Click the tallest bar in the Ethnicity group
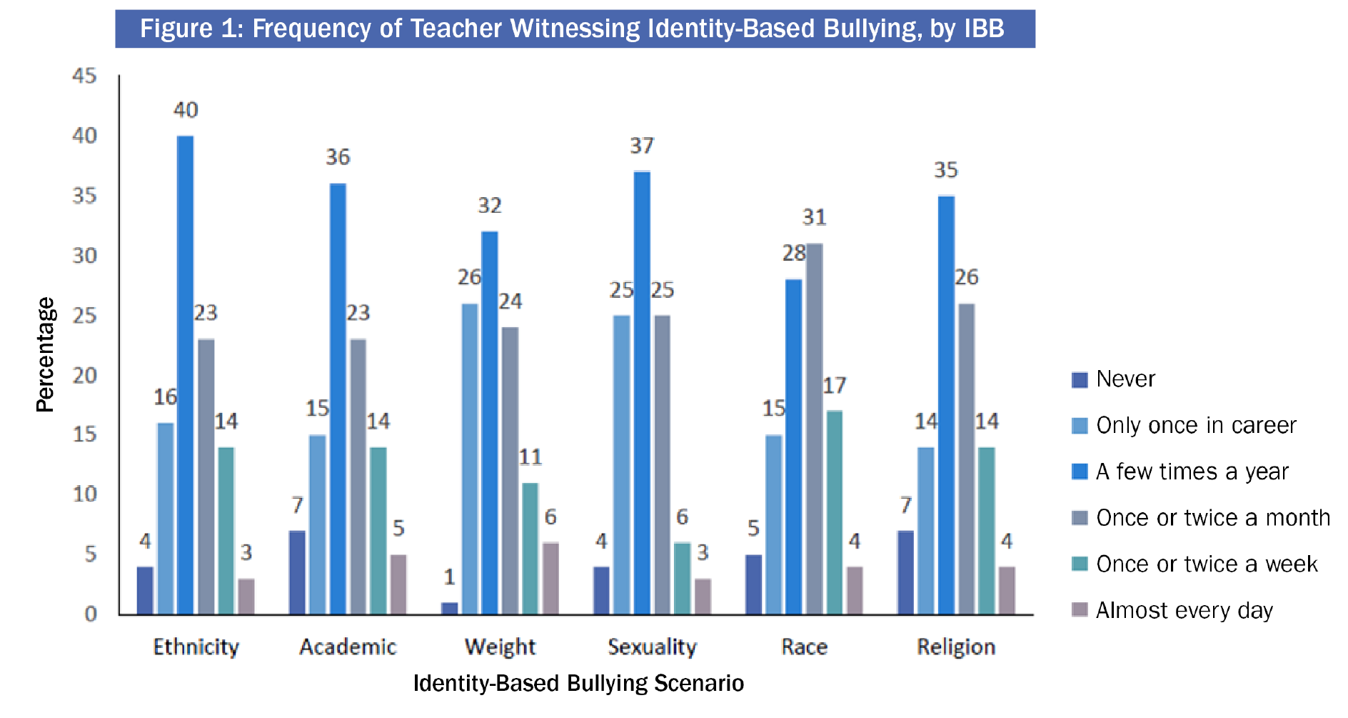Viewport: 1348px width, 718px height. [186, 375]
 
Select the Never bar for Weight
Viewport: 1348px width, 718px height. [450, 608]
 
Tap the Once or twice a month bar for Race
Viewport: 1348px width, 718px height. [814, 429]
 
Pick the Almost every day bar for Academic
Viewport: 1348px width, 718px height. [398, 584]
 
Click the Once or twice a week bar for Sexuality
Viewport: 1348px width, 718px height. [682, 578]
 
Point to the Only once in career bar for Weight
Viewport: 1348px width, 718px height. [470, 459]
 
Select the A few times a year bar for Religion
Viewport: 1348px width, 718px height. [946, 405]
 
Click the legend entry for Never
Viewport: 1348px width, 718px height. [1125, 379]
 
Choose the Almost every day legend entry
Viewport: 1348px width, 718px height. [1184, 610]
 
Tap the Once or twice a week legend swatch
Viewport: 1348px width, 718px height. [1080, 564]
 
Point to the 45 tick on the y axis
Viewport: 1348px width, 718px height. [84, 76]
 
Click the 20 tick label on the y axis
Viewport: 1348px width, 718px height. [84, 375]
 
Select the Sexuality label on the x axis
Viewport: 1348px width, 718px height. [652, 647]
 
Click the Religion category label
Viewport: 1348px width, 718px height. [956, 647]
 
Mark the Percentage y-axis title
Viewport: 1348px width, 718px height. [46, 354]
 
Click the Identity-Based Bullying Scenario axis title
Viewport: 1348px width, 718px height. [578, 683]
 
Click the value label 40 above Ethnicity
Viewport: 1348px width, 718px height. [186, 110]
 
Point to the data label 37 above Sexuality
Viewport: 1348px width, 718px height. [642, 146]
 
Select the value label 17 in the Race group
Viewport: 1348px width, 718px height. [834, 386]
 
